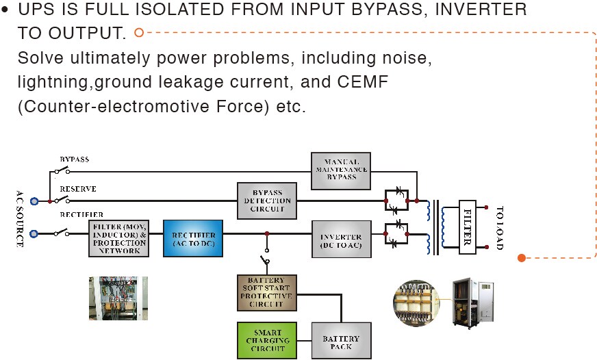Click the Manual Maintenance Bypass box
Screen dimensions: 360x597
tap(340, 170)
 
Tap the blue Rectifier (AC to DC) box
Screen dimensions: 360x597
tap(193, 238)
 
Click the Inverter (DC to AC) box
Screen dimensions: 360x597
tap(340, 239)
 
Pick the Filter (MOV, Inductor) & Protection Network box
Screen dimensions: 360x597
tap(118, 238)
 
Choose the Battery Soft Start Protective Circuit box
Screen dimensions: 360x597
tap(267, 292)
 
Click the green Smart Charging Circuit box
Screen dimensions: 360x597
tap(267, 340)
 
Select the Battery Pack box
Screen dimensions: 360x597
tap(340, 341)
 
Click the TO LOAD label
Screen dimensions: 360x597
tap(500, 227)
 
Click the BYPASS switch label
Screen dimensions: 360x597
tap(74, 159)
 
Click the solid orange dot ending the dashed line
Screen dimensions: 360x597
tap(522, 258)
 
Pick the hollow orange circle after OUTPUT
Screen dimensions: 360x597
tap(139, 31)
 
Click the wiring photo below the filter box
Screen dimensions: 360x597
tap(118, 298)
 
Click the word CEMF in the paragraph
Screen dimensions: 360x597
tap(365, 82)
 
